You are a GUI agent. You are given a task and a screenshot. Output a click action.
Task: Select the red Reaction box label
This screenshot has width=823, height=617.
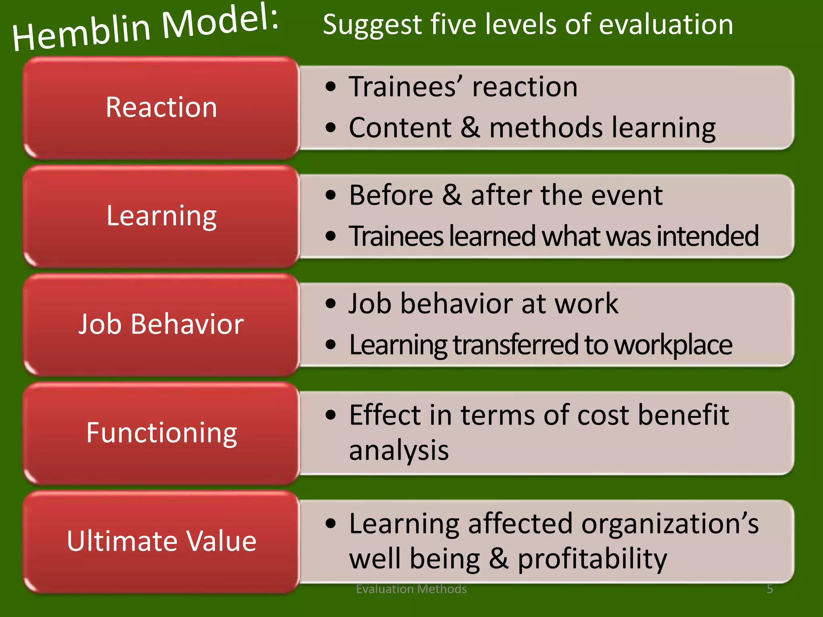click(x=161, y=108)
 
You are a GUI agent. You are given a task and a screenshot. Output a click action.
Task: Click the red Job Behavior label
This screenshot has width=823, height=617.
click(x=161, y=324)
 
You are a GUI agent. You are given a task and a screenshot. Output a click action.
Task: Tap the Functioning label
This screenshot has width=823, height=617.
click(x=161, y=433)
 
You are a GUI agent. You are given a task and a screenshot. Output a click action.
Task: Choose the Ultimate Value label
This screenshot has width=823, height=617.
click(x=161, y=541)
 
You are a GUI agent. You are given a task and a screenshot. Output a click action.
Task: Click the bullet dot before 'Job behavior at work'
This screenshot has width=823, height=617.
click(x=331, y=304)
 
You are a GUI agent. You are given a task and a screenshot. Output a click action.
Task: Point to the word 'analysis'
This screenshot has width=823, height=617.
click(x=399, y=451)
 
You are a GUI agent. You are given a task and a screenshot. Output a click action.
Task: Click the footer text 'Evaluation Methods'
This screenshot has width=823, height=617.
click(x=411, y=589)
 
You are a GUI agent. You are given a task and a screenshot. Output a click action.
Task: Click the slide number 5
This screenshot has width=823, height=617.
click(x=770, y=589)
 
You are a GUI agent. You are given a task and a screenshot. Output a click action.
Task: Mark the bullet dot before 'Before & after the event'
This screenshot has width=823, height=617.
click(x=331, y=195)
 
